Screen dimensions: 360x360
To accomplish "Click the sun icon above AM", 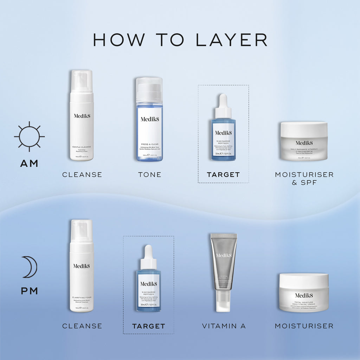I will coord(29,136).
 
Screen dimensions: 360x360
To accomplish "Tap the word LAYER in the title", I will coord(231,40).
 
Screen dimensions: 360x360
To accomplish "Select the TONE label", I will coord(149,175).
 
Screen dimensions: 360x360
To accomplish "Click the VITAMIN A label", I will coord(224,326).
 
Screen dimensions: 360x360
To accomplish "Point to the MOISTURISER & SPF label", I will coord(304,178).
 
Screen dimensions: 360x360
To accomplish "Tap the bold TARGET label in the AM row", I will coord(223,175).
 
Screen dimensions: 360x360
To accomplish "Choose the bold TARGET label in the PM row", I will coord(148,326).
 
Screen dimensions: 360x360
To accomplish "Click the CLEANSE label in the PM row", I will coord(82,326).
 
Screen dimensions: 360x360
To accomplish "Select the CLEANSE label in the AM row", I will coord(82,175).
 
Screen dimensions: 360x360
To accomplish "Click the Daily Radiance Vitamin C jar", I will coord(304,141).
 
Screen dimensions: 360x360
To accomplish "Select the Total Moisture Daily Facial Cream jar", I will coord(304,292).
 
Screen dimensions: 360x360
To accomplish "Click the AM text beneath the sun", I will coord(29,163).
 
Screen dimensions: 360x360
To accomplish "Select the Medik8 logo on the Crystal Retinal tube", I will coord(224,255).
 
